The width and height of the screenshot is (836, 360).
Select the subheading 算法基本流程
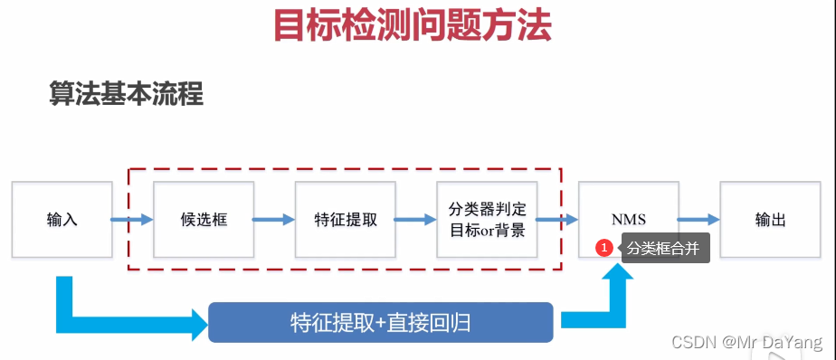[126, 94]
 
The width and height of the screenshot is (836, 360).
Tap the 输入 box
[62, 220]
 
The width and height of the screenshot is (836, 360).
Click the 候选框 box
[204, 220]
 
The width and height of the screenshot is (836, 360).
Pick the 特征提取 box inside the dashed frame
[346, 220]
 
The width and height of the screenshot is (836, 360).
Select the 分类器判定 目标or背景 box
[487, 220]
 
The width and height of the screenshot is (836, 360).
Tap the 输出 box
[770, 220]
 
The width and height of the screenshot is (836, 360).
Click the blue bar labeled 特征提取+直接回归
[381, 322]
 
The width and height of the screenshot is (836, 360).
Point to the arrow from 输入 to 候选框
[132, 220]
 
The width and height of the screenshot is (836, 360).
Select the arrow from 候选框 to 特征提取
[274, 220]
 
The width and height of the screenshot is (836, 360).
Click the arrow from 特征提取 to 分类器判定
[415, 220]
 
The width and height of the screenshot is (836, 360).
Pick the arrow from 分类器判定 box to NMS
[557, 220]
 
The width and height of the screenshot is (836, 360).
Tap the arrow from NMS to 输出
[698, 220]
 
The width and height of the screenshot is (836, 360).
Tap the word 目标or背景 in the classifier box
[487, 230]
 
